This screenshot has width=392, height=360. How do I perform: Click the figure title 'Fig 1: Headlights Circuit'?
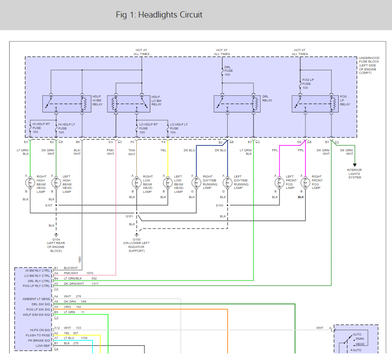click(159, 14)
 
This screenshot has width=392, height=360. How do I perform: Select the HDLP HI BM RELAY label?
click(97, 100)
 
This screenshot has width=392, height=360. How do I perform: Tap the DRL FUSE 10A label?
click(229, 71)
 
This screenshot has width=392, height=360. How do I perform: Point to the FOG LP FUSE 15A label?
click(308, 84)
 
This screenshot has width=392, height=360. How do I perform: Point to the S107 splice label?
click(49, 205)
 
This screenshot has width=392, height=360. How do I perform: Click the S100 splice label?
click(219, 205)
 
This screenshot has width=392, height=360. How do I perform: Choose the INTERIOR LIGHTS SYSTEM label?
click(354, 174)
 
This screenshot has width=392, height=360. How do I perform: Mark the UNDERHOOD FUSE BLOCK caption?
click(369, 65)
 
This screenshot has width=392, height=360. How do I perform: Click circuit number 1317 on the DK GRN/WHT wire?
click(95, 283)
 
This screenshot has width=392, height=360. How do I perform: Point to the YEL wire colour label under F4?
click(163, 150)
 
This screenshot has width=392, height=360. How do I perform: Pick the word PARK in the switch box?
click(360, 339)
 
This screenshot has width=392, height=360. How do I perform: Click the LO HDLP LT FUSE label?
click(179, 128)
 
